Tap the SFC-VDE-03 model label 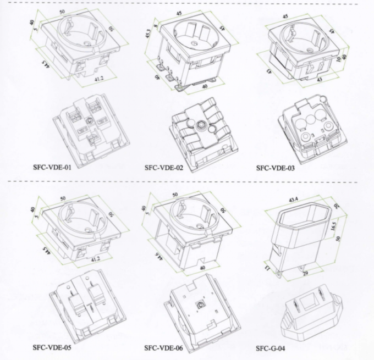pos(276,169)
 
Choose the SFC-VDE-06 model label pos(164,348)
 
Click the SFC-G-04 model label pos(271,348)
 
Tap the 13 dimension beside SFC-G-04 pos(267,267)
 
